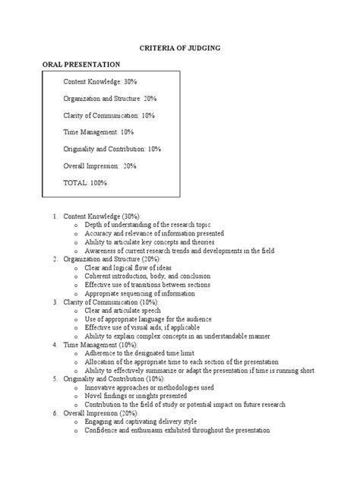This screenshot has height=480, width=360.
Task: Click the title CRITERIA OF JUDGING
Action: click(x=179, y=48)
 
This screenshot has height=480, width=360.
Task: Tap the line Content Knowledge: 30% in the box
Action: click(x=100, y=81)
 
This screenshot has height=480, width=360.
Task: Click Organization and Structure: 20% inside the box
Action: click(x=110, y=98)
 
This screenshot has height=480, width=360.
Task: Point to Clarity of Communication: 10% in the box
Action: click(x=111, y=115)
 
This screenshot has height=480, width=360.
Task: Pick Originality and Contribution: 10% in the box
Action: click(x=112, y=149)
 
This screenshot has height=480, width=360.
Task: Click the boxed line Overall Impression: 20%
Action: click(x=100, y=166)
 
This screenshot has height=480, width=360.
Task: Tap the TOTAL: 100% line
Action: click(x=86, y=183)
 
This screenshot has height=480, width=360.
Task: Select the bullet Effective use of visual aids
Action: click(x=137, y=327)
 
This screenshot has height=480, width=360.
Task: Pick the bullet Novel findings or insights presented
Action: click(x=141, y=395)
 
